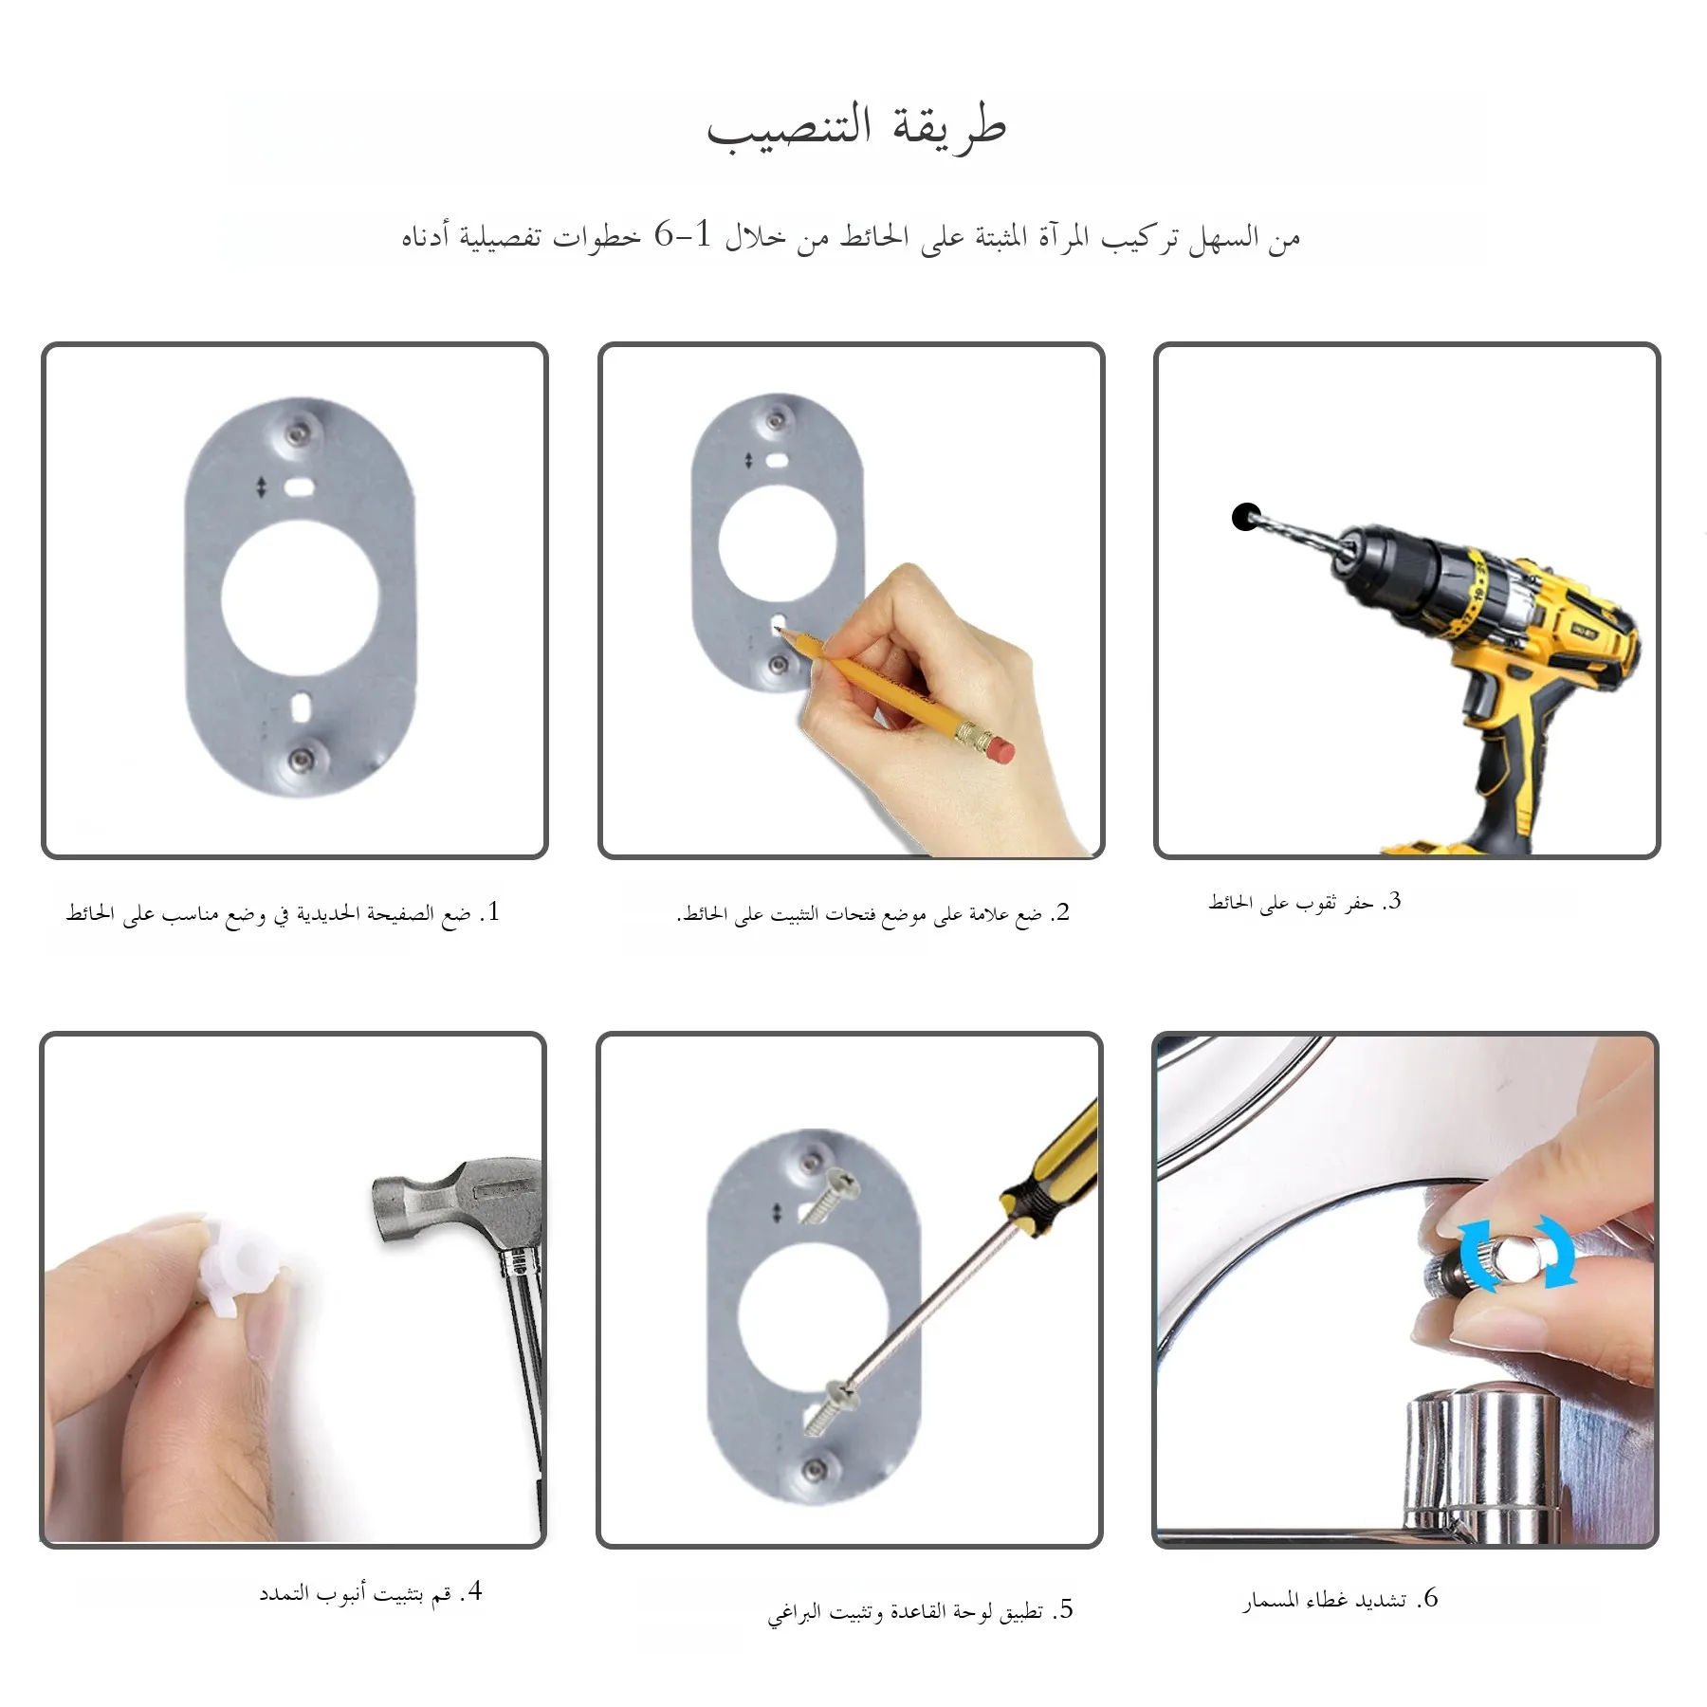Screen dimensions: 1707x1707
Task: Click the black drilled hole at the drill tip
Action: pos(1246,517)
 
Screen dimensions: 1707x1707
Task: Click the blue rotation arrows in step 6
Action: pos(1516,1253)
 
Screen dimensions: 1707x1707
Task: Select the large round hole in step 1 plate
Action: pos(300,597)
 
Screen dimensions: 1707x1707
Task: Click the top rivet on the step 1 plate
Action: pos(301,432)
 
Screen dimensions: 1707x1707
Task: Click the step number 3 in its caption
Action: pos(1393,900)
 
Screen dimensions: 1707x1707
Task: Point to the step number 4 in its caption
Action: pos(475,1590)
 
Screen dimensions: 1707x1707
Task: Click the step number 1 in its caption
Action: pos(491,911)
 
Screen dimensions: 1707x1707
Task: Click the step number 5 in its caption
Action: pos(1065,1609)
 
